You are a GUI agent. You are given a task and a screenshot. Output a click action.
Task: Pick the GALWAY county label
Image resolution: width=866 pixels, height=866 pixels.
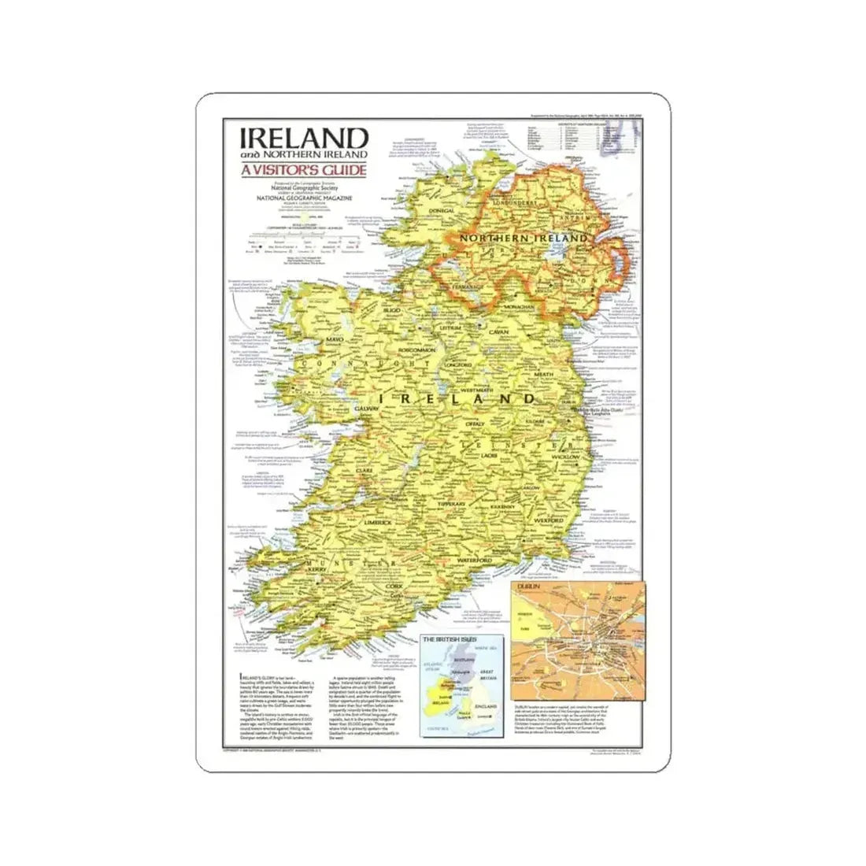368,409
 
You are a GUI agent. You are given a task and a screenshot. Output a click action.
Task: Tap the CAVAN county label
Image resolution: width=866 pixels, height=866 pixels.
503,333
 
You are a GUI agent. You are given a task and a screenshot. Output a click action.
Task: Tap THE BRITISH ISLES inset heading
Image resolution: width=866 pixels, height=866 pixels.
452,639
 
